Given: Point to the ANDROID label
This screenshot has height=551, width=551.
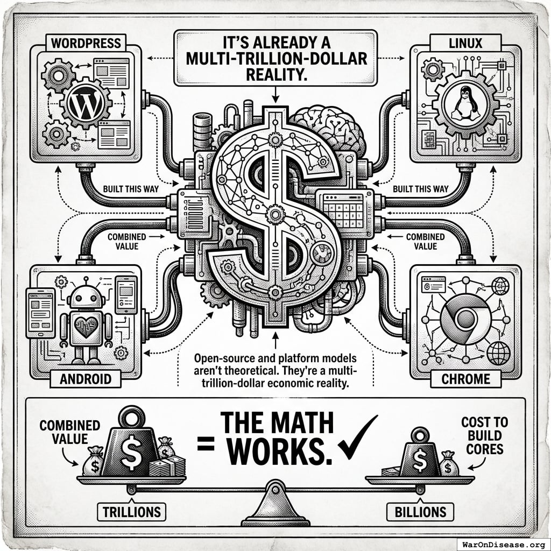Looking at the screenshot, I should click(86, 378).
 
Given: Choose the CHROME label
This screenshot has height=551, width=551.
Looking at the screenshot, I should click(466, 378).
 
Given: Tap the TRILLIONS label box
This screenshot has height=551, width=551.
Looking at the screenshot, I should click(131, 511).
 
